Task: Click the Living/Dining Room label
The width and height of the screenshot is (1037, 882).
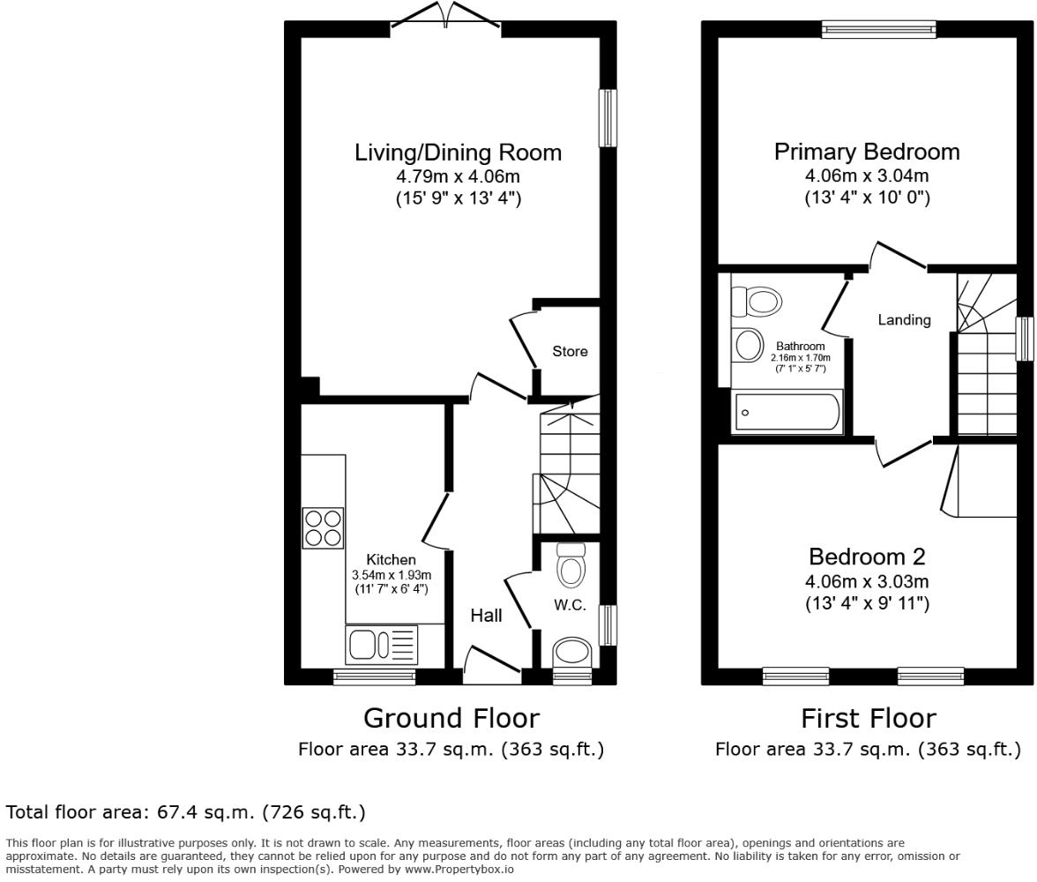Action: coord(458,153)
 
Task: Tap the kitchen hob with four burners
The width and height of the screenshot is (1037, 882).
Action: coord(323,527)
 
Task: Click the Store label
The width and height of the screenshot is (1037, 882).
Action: coord(570,351)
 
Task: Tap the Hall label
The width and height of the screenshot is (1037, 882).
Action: coord(486,616)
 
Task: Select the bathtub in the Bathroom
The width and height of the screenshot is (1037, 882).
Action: coord(787,412)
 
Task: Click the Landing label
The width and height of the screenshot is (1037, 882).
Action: coord(904,320)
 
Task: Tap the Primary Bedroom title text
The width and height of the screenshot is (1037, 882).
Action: coord(867,152)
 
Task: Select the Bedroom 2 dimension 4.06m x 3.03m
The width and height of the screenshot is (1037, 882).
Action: coord(867,582)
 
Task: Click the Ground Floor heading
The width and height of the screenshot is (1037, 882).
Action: coord(451,718)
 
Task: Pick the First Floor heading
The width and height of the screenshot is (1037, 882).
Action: coord(868,718)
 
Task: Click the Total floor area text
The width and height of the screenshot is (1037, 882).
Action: coord(185,811)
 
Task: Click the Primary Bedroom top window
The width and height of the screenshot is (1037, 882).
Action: coord(878,29)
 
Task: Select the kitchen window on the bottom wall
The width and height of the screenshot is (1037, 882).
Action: coord(374,676)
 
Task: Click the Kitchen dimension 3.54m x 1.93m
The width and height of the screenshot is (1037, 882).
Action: coord(392,576)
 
